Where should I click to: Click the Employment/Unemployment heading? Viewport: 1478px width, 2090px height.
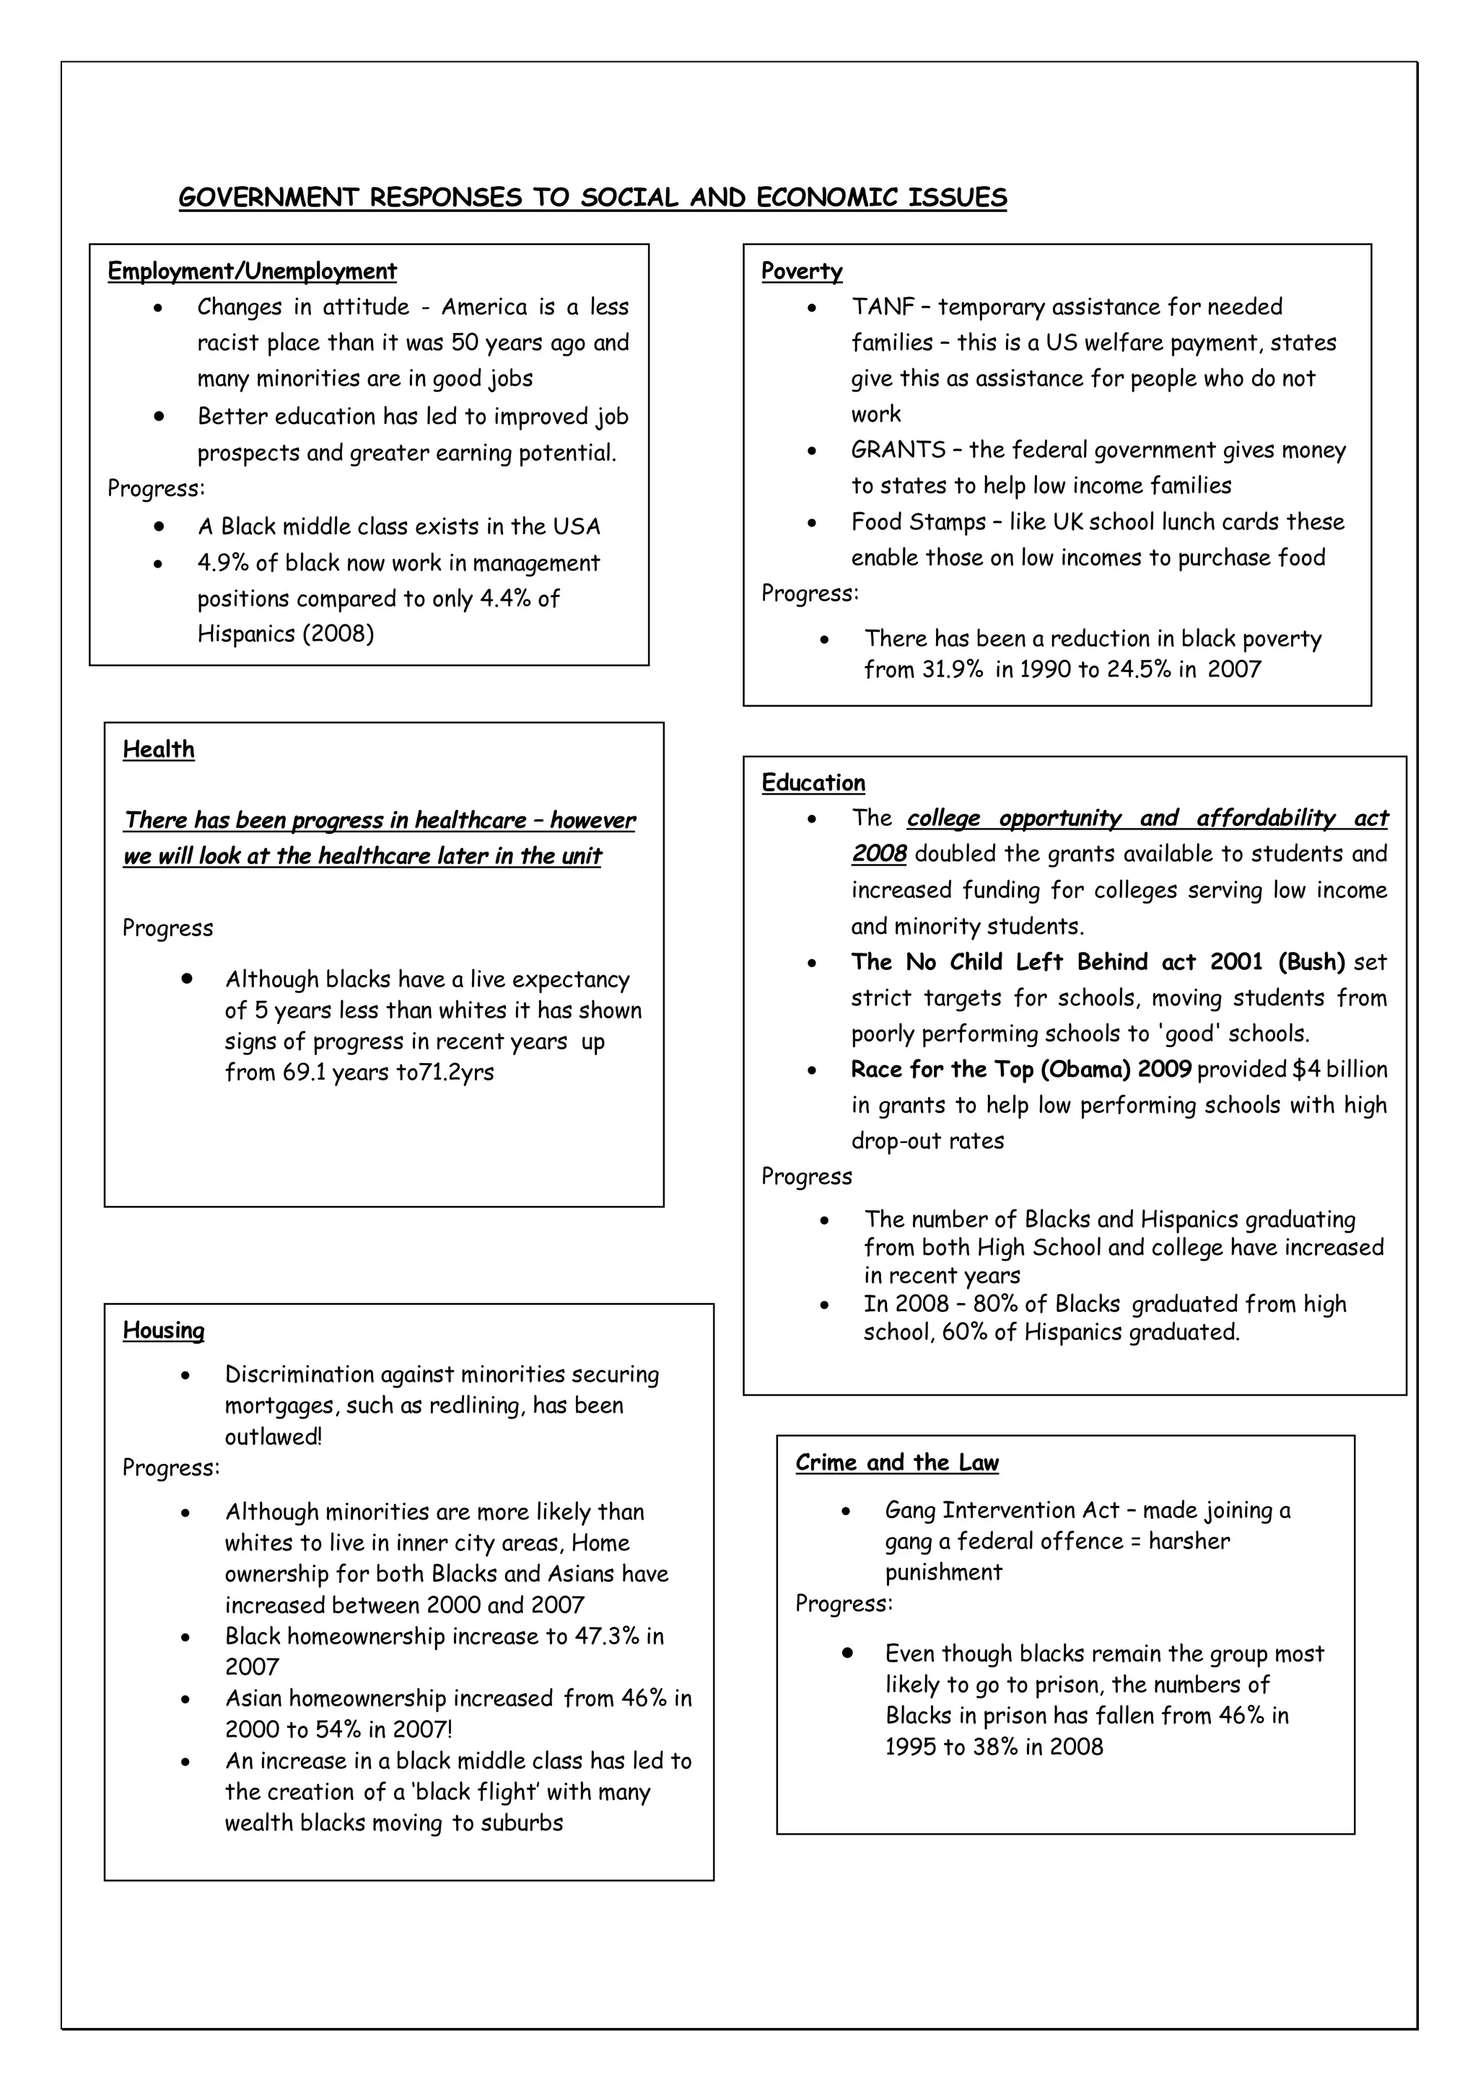click(x=253, y=271)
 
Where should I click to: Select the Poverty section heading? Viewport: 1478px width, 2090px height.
click(x=801, y=271)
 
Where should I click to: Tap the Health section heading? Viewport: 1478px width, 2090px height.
click(x=159, y=749)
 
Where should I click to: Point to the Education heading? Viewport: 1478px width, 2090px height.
click(x=813, y=782)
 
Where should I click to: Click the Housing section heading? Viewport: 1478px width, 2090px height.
click(x=164, y=1330)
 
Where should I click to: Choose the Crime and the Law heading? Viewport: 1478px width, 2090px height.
click(x=897, y=1463)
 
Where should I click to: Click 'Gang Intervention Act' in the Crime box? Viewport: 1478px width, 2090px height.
click(x=1002, y=1510)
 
